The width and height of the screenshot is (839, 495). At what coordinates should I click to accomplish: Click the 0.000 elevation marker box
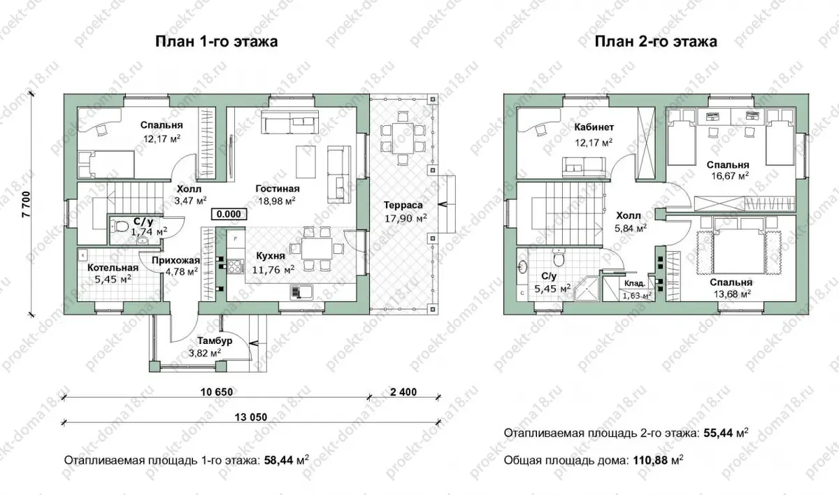[x=229, y=214]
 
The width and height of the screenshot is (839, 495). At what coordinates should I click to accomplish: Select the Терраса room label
[x=403, y=205]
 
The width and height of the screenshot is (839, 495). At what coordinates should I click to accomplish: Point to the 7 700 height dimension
[x=27, y=204]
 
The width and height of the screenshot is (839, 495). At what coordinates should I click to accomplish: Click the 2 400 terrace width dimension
[x=403, y=392]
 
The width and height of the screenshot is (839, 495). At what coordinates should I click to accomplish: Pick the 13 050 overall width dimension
[x=251, y=417]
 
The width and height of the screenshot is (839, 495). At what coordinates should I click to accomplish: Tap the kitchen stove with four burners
[x=236, y=266]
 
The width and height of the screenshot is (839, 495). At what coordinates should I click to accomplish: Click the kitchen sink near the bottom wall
[x=301, y=292]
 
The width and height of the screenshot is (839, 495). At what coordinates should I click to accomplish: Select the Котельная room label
[x=113, y=268]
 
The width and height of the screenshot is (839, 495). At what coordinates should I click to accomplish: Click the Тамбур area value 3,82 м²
[x=204, y=352]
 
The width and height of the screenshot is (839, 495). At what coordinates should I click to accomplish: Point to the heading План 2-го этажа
[x=656, y=41]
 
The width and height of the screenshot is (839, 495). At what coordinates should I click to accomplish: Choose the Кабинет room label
[x=594, y=127]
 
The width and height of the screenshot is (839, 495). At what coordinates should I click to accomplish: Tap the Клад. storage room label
[x=635, y=283]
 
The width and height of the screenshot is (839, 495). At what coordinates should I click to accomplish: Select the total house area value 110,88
[x=650, y=460]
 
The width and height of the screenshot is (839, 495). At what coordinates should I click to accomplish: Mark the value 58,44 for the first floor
[x=279, y=460]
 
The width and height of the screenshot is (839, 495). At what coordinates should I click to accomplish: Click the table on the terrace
[x=403, y=138]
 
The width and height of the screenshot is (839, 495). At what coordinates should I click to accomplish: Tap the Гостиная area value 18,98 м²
[x=277, y=201]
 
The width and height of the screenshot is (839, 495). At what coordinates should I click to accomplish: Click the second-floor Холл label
[x=629, y=215]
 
